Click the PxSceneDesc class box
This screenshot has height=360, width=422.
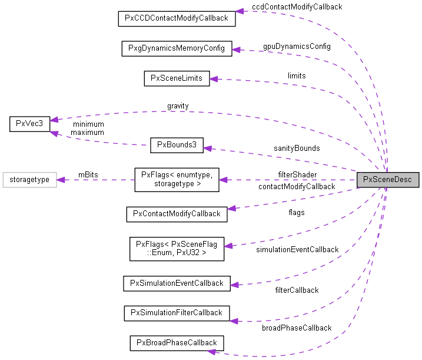coord(388,180)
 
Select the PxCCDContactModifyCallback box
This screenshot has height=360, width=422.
coord(176,18)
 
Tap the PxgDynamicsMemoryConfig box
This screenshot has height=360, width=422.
coord(177,48)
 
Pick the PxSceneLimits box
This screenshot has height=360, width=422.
coord(177,78)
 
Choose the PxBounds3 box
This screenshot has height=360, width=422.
coord(177,146)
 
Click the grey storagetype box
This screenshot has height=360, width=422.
coord(29,180)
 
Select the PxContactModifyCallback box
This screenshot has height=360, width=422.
coord(177,213)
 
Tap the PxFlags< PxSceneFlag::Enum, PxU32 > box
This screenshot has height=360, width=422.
coord(177,248)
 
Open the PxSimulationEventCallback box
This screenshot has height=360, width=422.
coord(177,283)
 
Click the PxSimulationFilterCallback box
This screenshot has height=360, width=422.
coord(177,312)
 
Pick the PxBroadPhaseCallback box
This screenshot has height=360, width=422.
coord(177,342)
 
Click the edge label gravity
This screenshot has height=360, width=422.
coord(178,106)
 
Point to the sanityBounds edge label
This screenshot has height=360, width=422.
coord(297,148)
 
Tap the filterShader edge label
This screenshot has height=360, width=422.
coord(297,174)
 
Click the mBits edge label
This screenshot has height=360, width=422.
coord(88,174)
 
